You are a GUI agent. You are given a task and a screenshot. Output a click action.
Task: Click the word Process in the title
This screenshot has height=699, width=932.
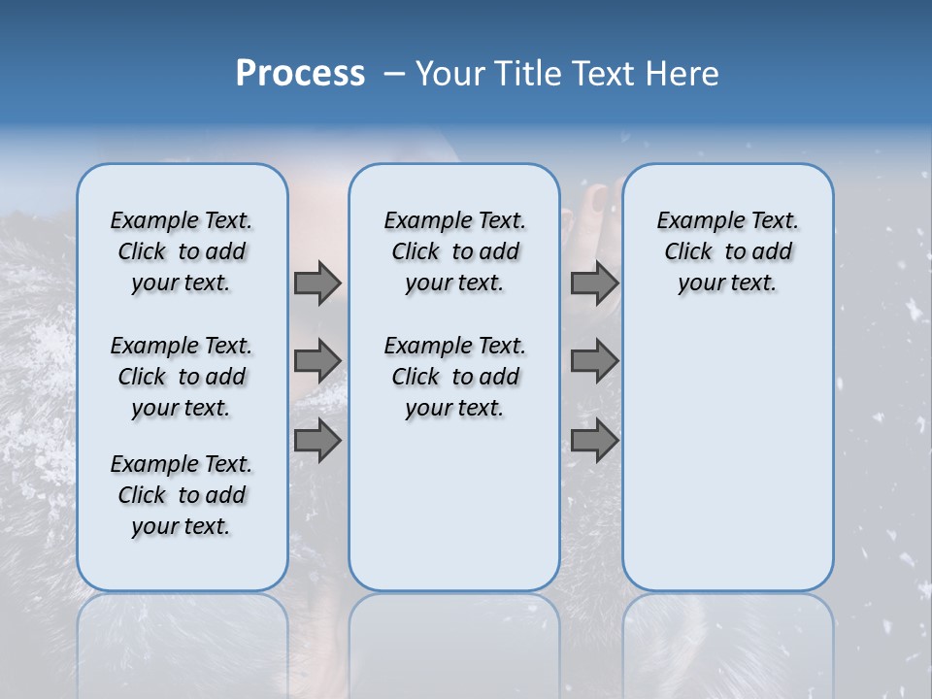pos(300,74)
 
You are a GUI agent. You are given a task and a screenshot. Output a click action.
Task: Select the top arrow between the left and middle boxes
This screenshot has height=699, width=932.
pos(317,283)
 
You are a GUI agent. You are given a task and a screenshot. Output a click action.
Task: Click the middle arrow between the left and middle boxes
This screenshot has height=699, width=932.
pos(317,361)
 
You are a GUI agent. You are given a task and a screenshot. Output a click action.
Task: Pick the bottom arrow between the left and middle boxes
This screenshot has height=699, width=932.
pos(317,441)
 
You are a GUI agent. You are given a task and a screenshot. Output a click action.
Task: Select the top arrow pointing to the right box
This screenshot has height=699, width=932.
pos(594,283)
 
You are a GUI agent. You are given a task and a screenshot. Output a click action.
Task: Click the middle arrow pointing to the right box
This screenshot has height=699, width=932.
pos(594,361)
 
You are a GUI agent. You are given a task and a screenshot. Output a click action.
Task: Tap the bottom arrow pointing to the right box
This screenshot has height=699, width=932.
pos(594,441)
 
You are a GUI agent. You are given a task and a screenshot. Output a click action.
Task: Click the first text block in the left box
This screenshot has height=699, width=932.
pos(182,251)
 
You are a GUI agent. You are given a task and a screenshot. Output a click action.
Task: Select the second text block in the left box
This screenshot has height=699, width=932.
pos(182,377)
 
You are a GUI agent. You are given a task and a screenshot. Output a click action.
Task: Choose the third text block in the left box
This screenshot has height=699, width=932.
pos(182,495)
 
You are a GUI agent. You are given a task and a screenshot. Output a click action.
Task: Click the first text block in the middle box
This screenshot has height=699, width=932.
pos(454,251)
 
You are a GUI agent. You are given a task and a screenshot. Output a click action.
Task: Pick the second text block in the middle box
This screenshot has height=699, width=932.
pos(454,377)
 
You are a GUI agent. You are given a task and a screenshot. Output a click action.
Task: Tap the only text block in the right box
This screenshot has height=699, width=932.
pos(727,251)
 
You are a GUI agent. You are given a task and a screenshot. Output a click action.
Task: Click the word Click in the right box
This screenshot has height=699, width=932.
pos(688,251)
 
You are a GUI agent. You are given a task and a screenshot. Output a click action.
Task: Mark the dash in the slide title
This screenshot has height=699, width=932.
pos(394,75)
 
